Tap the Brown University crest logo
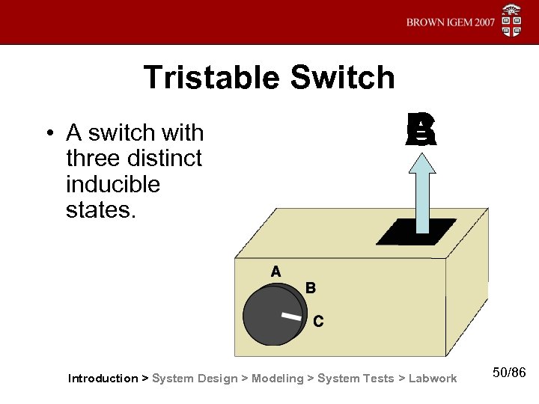point(511,20)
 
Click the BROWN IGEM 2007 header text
point(451,22)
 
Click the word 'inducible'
point(113,183)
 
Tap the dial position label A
point(275,272)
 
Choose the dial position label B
point(311,287)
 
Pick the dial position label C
point(318,322)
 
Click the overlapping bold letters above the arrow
point(421,129)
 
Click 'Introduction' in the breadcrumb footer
point(103,379)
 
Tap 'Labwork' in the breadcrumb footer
point(432,379)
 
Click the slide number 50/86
point(510,373)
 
